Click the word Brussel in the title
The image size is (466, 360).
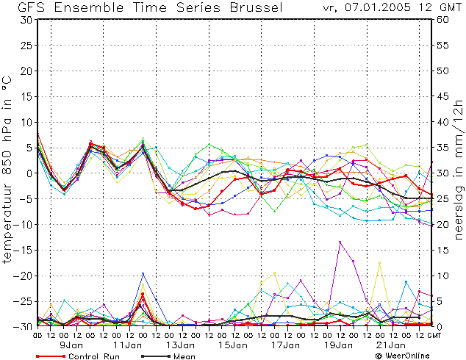(257, 7)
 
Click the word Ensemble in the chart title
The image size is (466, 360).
(89, 7)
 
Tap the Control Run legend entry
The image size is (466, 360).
(78, 356)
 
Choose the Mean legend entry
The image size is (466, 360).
(168, 356)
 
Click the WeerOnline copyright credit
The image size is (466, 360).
(403, 356)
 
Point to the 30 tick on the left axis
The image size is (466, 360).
(27, 20)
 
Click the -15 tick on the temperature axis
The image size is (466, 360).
(23, 251)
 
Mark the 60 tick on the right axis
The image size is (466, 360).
(442, 20)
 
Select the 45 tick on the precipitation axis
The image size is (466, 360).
(442, 96)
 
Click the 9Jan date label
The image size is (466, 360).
(71, 345)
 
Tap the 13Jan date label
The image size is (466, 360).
(180, 345)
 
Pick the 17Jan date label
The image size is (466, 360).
(286, 345)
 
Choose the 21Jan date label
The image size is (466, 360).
(391, 345)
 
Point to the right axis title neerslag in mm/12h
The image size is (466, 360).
(459, 170)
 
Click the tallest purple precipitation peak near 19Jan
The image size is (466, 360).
(340, 242)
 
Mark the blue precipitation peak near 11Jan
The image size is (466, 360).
(143, 273)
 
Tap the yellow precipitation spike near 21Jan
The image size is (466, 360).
(379, 262)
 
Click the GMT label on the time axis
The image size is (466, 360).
(434, 336)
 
